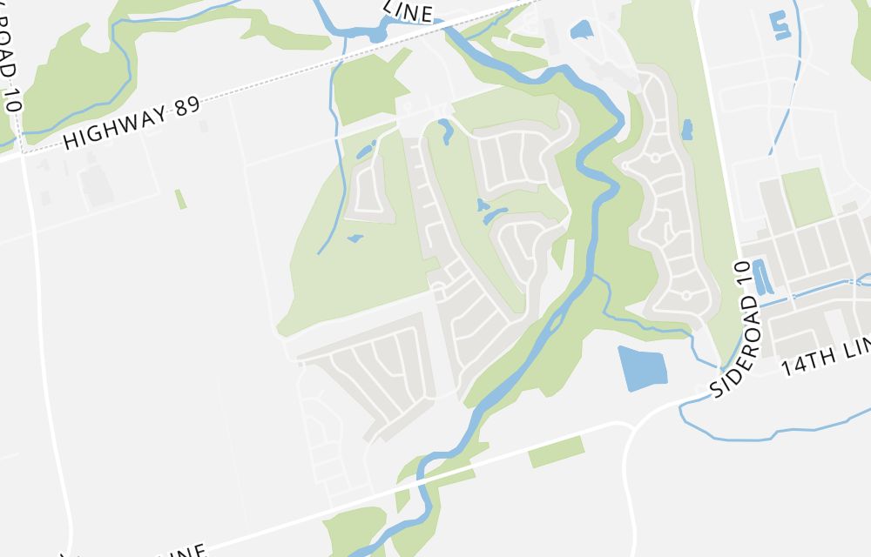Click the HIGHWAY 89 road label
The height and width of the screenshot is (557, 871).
pos(132,124)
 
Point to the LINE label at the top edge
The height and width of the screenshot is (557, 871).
pos(408,11)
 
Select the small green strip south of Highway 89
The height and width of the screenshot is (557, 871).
pos(180,199)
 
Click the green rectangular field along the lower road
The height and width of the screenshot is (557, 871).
pos(556,451)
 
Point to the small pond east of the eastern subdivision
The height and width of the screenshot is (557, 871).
pos(687,131)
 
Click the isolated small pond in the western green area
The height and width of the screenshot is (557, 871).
pos(354,237)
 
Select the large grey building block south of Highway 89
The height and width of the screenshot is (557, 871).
pos(96,185)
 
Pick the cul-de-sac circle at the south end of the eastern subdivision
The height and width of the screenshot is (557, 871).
pos(685,296)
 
